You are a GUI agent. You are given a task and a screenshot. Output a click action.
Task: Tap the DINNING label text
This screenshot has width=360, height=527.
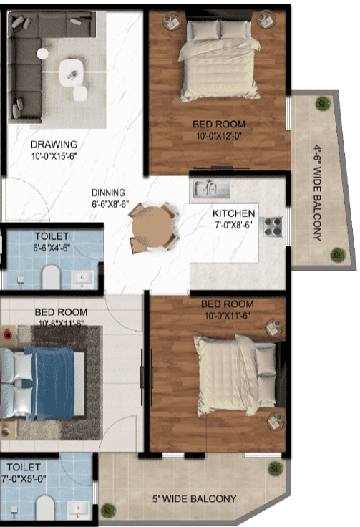click(109, 193)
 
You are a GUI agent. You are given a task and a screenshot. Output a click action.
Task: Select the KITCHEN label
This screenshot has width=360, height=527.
click(233, 213)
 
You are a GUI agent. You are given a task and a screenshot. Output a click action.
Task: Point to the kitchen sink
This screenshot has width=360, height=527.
click(209, 189)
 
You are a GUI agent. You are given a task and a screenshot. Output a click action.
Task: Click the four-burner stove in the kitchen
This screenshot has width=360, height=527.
click(272, 227)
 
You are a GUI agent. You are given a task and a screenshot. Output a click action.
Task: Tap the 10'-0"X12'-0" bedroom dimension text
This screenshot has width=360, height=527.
click(219, 135)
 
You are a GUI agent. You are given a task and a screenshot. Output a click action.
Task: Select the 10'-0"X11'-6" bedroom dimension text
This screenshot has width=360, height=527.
click(228, 314)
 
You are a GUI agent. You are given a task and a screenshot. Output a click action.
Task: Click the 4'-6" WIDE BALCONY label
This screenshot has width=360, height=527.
click(316, 192)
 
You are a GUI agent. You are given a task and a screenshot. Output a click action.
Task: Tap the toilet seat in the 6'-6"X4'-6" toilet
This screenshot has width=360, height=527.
click(52, 276)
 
